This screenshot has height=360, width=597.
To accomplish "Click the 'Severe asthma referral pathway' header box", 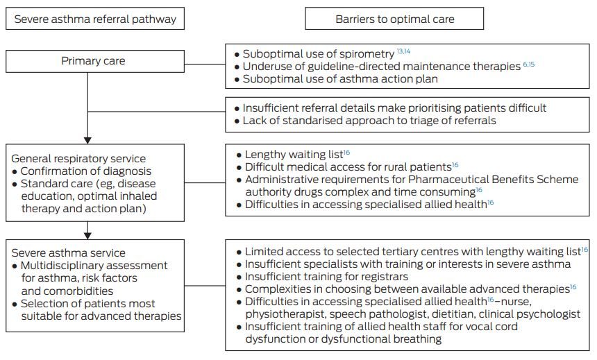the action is [95, 19].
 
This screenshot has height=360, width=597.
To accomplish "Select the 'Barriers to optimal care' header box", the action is [394, 19].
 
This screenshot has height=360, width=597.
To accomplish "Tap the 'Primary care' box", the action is [95, 61].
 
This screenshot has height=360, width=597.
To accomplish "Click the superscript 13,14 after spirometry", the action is [403, 51].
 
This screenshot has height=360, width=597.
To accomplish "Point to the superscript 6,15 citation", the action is [529, 64].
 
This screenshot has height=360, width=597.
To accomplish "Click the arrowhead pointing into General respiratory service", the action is [87, 140].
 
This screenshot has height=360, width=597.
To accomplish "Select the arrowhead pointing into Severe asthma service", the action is [87, 236].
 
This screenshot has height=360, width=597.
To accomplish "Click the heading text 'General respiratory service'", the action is [78, 159].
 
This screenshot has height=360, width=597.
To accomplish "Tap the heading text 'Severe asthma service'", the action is [68, 253].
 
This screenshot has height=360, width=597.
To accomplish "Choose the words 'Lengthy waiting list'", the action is [294, 155].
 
